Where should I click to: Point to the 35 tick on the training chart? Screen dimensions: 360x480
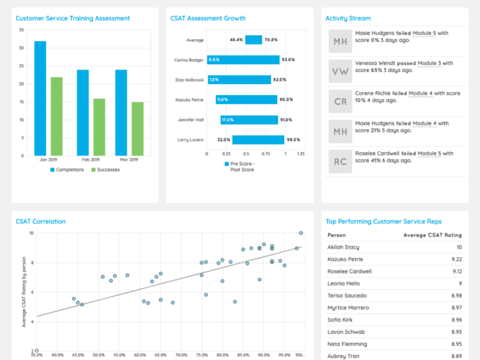pos(22,30)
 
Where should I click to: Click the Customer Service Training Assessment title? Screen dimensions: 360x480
pos(73,19)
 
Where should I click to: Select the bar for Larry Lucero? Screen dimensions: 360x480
pos(258,140)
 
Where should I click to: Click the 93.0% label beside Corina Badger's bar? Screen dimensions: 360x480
pos(289,60)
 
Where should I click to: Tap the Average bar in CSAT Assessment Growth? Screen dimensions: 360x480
pos(253,40)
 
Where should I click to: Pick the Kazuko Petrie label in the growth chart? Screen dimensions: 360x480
pos(190,100)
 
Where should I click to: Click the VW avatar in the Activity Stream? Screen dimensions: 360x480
pos(340,71)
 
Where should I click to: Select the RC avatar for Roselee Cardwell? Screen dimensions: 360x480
pos(340,161)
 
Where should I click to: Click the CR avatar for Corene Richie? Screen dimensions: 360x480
pos(340,101)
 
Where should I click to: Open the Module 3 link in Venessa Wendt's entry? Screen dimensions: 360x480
pos(429,63)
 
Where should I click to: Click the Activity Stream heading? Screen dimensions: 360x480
pos(348,19)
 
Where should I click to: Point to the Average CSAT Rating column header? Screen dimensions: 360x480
pos(432,235)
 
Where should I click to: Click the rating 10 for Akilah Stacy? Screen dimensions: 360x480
pos(459,247)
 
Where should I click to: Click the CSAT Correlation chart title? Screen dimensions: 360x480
pos(41,221)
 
